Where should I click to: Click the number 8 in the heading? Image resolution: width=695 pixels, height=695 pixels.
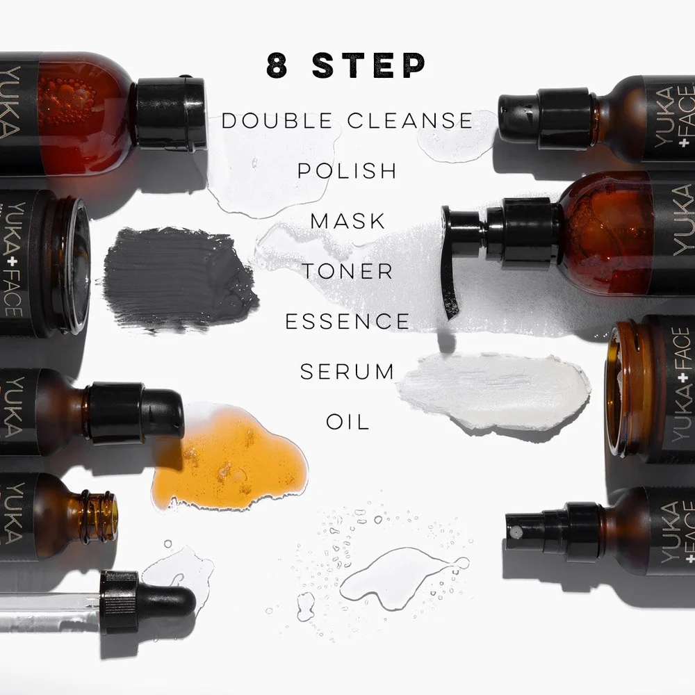277,65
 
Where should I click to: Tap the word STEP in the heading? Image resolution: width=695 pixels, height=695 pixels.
369,65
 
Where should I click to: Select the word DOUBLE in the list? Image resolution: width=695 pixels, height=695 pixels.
277,120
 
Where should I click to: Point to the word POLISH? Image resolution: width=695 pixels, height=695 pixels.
347,171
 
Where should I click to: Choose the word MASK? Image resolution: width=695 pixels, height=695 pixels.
347,221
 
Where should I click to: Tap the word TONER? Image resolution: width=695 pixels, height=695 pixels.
347,271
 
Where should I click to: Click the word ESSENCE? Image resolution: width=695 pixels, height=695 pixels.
347,321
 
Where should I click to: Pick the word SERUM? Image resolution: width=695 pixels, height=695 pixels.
347,371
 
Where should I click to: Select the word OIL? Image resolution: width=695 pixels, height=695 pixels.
347,422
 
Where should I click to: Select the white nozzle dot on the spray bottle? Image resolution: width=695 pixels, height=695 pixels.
514,531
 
